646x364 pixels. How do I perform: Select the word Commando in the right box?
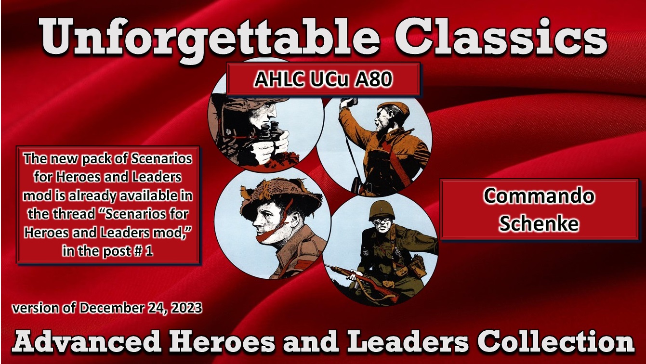[x=539, y=196]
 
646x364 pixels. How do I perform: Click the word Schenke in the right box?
[x=539, y=223]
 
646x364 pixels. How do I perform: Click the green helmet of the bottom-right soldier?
[x=382, y=210]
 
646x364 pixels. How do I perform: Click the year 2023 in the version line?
[x=185, y=308]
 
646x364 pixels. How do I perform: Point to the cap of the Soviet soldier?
[x=392, y=109]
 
